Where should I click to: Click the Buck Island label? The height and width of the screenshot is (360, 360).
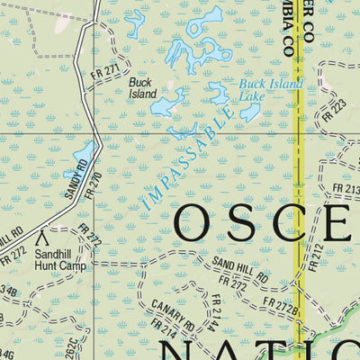pos(143,86)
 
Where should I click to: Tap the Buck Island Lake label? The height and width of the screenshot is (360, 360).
pos(271,91)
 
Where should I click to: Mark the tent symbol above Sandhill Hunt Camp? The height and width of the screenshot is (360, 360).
pos(40,239)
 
